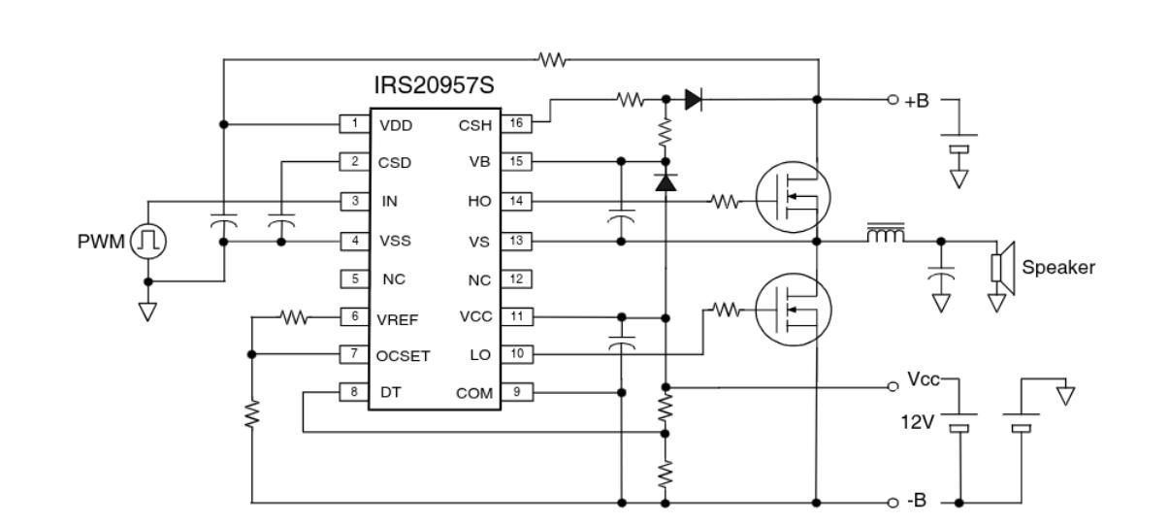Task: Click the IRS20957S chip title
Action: click(x=434, y=85)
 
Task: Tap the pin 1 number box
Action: click(x=354, y=124)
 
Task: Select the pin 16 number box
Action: click(x=516, y=123)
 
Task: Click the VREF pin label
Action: click(x=398, y=319)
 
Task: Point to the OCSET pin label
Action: click(x=403, y=356)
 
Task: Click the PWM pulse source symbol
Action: click(x=147, y=241)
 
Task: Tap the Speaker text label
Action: click(x=1058, y=267)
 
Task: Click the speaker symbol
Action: click(x=1003, y=268)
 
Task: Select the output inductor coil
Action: click(x=886, y=233)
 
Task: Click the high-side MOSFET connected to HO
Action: click(x=793, y=197)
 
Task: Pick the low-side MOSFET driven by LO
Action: click(x=794, y=310)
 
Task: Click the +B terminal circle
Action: click(x=893, y=99)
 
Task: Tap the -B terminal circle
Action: click(x=893, y=503)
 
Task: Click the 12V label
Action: click(x=918, y=422)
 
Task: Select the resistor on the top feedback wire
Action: click(x=553, y=60)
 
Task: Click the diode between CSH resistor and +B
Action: click(x=693, y=99)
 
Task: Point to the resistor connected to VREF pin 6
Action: click(x=294, y=316)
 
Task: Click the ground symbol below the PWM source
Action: click(x=147, y=311)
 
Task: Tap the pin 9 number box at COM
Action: click(x=517, y=392)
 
